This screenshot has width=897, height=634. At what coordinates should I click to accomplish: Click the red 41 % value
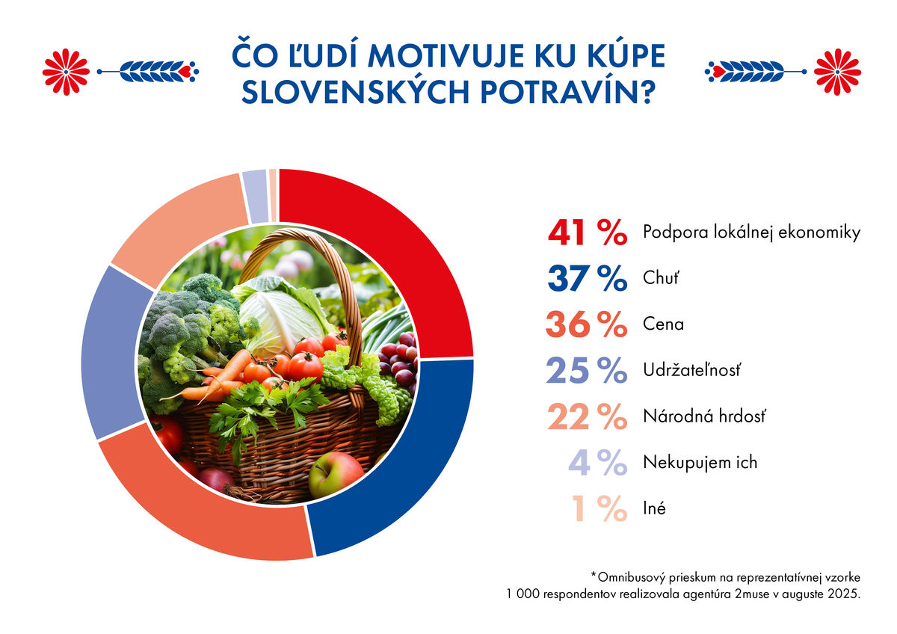click(x=587, y=233)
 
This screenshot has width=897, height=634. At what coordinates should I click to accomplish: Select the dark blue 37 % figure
click(x=587, y=279)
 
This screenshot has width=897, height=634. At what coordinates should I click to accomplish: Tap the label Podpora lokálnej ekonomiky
click(x=751, y=233)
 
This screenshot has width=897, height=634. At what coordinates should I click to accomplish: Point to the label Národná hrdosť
click(x=704, y=416)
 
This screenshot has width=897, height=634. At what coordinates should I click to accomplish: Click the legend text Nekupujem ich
click(x=700, y=462)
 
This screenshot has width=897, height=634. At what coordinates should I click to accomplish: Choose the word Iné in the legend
click(x=654, y=508)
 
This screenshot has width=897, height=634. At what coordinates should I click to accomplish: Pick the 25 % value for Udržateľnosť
click(x=587, y=371)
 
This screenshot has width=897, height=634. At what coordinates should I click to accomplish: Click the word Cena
click(x=663, y=324)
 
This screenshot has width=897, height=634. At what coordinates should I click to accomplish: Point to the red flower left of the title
click(x=66, y=71)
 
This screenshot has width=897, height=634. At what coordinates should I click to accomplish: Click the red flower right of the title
click(x=836, y=71)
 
